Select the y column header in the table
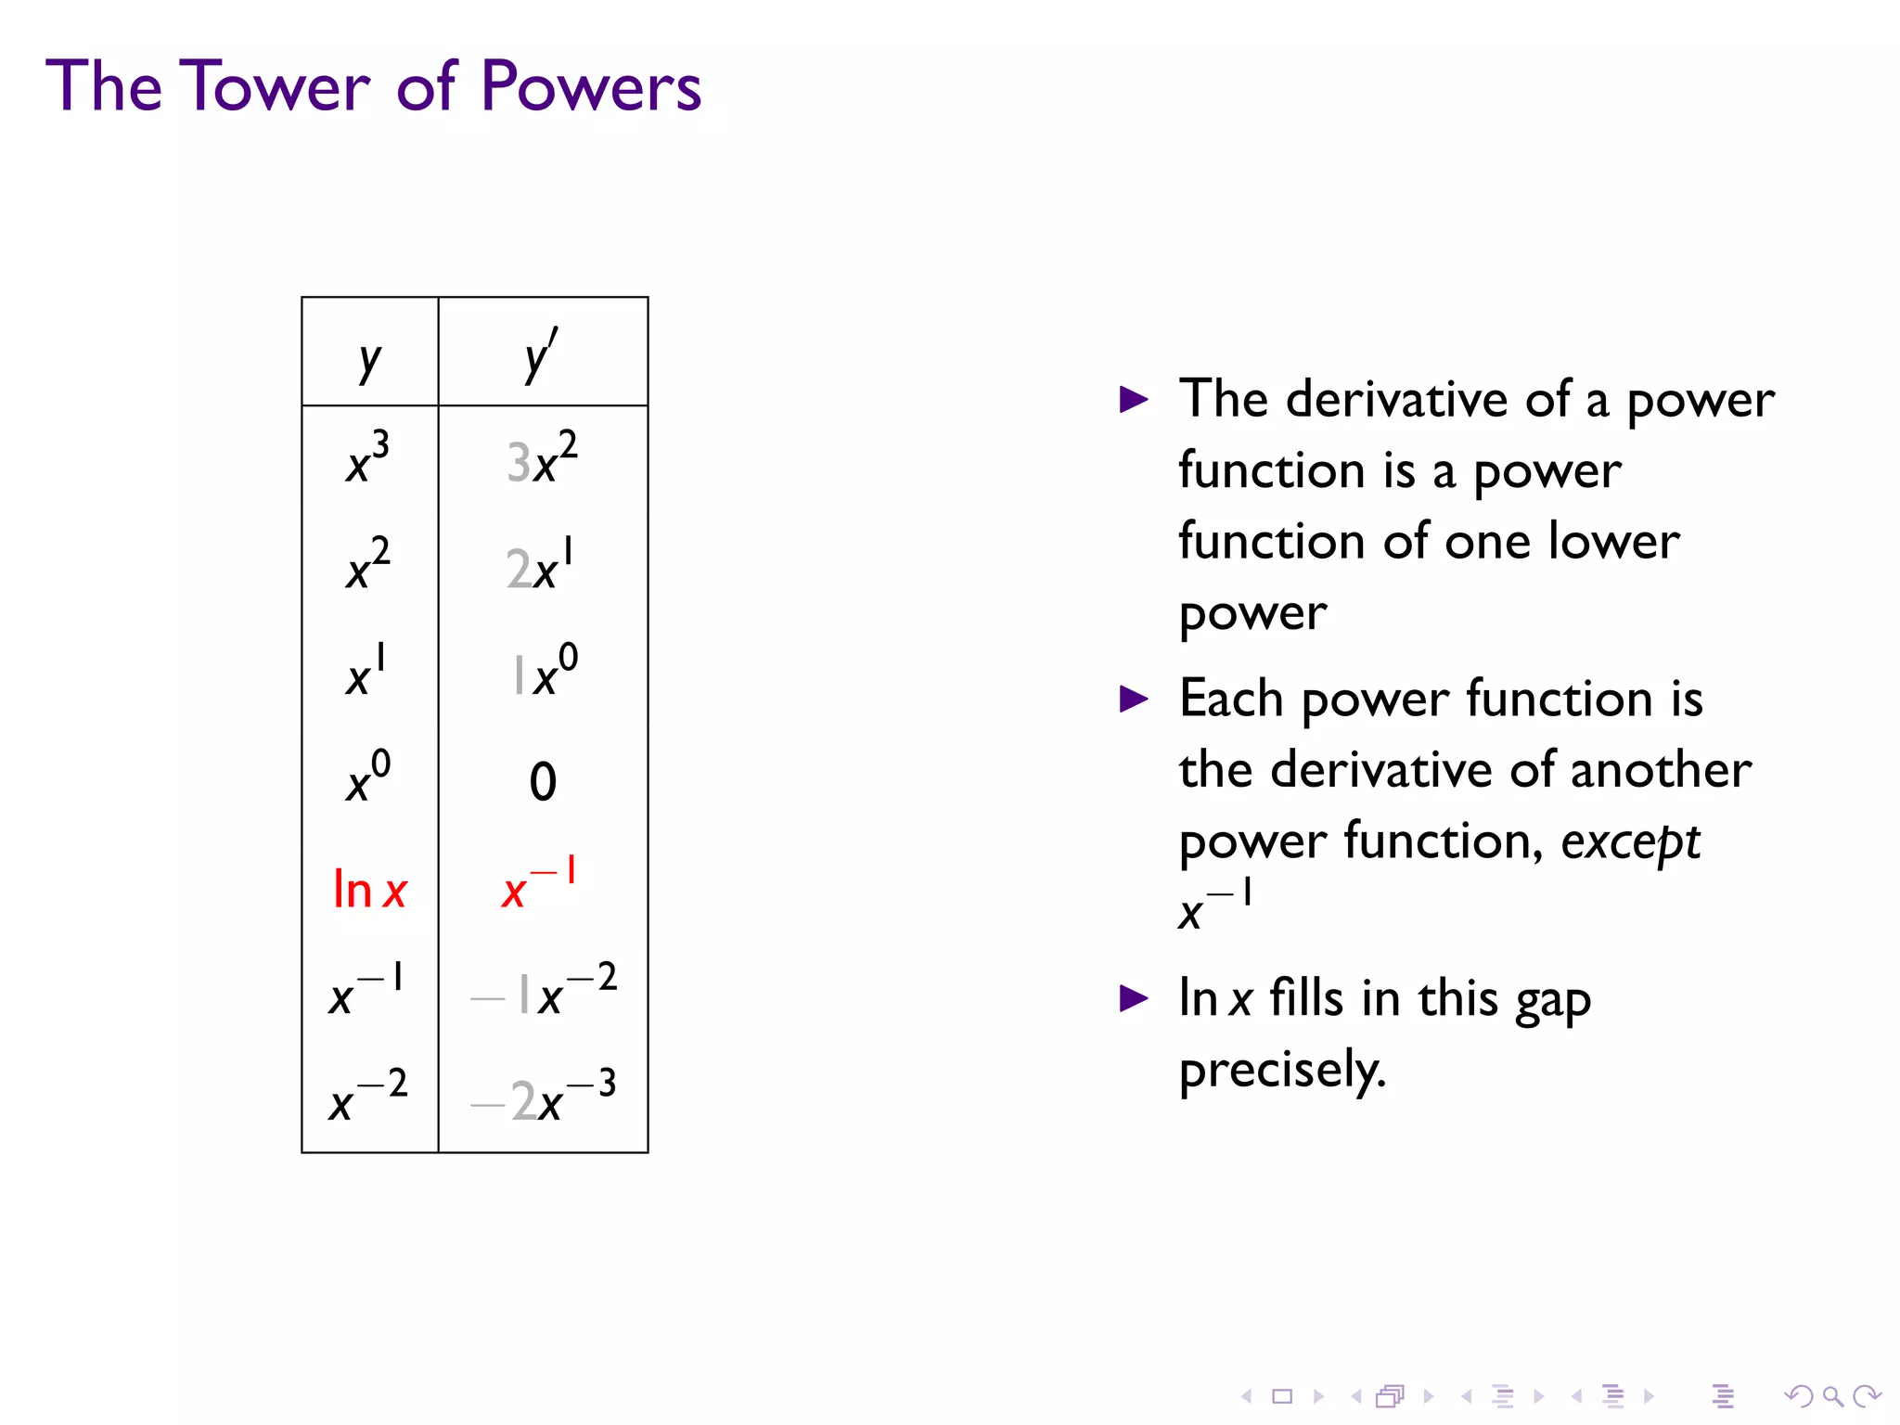(x=369, y=359)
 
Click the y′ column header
(x=541, y=355)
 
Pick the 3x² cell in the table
(x=542, y=458)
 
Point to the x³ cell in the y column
(x=368, y=458)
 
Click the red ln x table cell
(x=369, y=889)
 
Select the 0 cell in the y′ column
(x=543, y=781)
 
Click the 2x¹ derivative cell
(x=540, y=565)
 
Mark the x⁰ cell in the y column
(x=368, y=777)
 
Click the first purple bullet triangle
(x=1134, y=400)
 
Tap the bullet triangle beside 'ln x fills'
(x=1134, y=998)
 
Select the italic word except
(x=1630, y=842)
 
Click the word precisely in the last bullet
(x=1282, y=1071)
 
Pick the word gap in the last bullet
(x=1553, y=1000)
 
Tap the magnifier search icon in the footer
(x=1832, y=1395)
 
